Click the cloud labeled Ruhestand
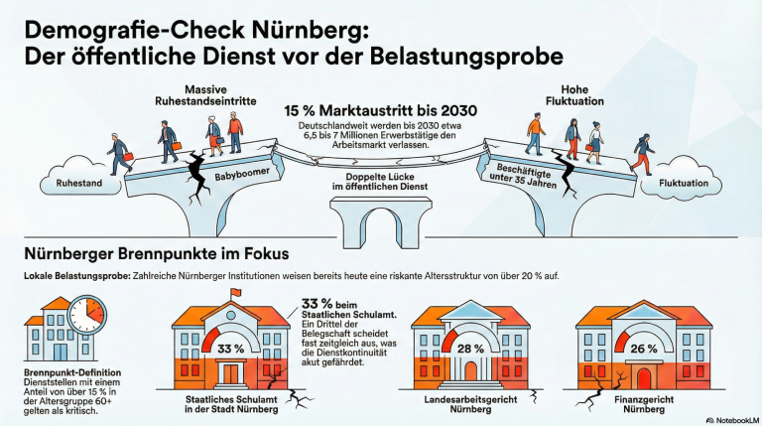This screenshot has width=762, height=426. click(x=80, y=177)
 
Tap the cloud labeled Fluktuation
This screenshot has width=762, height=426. click(x=682, y=177)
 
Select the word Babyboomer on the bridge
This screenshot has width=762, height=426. click(x=242, y=174)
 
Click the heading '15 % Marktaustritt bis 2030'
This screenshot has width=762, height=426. click(x=381, y=111)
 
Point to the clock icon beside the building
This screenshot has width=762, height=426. click(x=87, y=314)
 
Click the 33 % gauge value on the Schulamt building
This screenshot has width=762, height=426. click(x=231, y=349)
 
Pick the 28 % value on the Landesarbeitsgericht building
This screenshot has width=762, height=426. click(x=470, y=349)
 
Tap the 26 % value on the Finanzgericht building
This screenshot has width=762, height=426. click(x=643, y=349)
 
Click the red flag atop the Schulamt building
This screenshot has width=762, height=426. click(x=236, y=292)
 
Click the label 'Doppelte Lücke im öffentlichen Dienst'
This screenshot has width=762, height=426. click(x=380, y=182)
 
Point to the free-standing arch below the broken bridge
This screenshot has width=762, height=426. click(x=381, y=216)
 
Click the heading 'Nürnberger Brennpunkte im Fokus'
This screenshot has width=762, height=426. click(x=157, y=253)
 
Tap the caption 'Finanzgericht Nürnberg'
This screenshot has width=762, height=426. click(x=644, y=404)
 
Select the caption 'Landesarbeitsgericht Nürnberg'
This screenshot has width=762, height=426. click(x=470, y=404)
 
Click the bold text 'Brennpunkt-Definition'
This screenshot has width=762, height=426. click(x=72, y=372)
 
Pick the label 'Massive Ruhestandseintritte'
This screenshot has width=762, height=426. click(x=205, y=95)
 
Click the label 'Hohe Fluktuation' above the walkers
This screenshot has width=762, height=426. click(x=574, y=95)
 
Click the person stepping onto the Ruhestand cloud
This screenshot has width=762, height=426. click(x=119, y=154)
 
